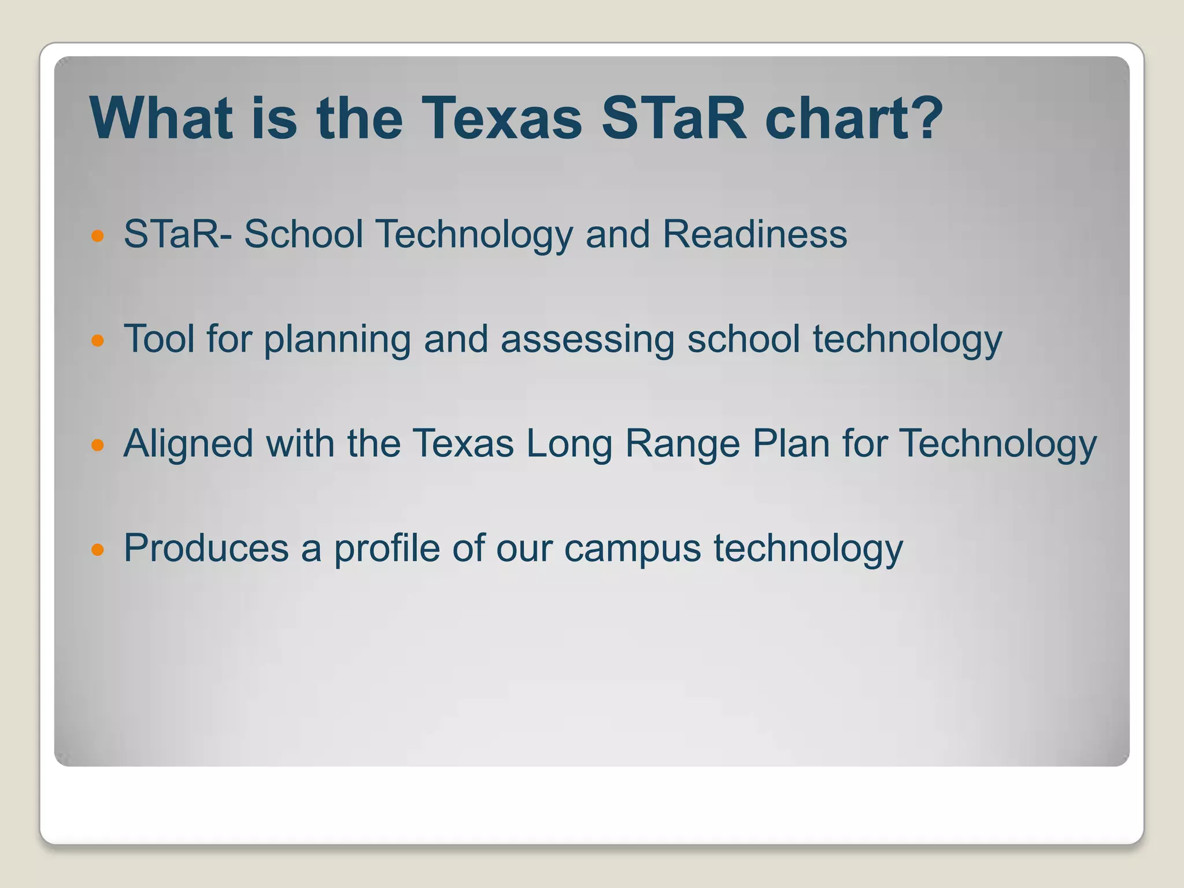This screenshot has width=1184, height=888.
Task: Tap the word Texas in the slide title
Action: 501,119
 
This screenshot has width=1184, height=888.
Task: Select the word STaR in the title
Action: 674,119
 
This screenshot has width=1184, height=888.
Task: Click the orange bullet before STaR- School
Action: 98,236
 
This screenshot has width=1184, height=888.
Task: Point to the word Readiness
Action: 754,234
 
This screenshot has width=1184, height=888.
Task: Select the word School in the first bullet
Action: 304,234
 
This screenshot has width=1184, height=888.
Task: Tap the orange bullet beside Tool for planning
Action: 98,341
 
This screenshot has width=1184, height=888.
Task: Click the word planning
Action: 337,340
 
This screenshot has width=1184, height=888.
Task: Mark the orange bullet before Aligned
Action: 98,445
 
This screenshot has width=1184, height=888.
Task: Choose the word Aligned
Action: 188,445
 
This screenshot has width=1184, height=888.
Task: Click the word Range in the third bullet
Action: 682,445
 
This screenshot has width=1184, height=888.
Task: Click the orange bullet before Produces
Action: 98,549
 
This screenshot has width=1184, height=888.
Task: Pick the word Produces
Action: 206,548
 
